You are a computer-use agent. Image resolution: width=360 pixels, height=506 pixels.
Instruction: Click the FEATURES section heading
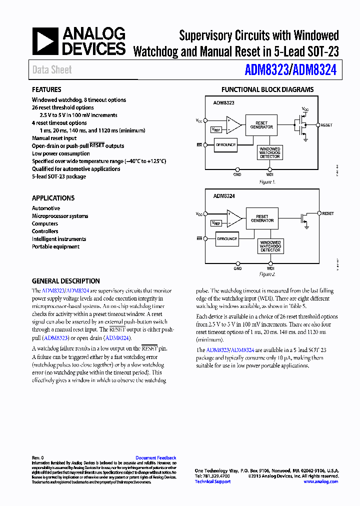click(x=46, y=90)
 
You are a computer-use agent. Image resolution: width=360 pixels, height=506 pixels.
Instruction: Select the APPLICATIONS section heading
click(x=53, y=198)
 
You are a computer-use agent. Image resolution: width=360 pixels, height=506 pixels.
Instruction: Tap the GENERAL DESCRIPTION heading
click(x=66, y=281)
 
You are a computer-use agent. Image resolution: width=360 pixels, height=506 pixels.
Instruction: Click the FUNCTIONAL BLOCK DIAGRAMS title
click(x=267, y=90)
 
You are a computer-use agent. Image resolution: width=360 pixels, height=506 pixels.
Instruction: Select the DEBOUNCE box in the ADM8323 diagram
click(x=225, y=145)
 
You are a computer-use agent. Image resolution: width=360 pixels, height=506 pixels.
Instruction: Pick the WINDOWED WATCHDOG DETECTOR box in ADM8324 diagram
click(x=270, y=246)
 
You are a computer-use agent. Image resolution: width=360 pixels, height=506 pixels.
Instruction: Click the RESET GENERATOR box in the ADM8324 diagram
click(x=262, y=218)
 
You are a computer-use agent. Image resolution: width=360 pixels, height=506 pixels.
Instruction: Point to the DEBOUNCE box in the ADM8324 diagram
click(x=227, y=238)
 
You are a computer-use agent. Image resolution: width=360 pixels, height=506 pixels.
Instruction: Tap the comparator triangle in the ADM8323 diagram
click(x=232, y=124)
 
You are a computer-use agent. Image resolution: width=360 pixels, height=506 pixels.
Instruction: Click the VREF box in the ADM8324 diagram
click(x=216, y=223)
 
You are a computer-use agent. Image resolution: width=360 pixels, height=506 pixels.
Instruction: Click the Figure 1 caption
click(x=267, y=182)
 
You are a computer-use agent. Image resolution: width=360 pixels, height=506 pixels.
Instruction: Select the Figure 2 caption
click(x=267, y=274)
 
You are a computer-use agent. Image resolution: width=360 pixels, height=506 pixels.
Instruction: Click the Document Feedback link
click(x=155, y=458)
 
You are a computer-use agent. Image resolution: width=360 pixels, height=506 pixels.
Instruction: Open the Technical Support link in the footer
click(x=212, y=481)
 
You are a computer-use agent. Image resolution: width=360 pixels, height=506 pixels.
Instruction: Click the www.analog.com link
click(x=320, y=481)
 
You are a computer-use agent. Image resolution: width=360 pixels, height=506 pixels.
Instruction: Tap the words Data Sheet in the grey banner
click(x=52, y=70)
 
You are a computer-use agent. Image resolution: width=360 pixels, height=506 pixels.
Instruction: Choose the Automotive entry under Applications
click(x=46, y=208)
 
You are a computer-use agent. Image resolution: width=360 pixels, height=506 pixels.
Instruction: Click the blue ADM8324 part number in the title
click(x=314, y=70)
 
